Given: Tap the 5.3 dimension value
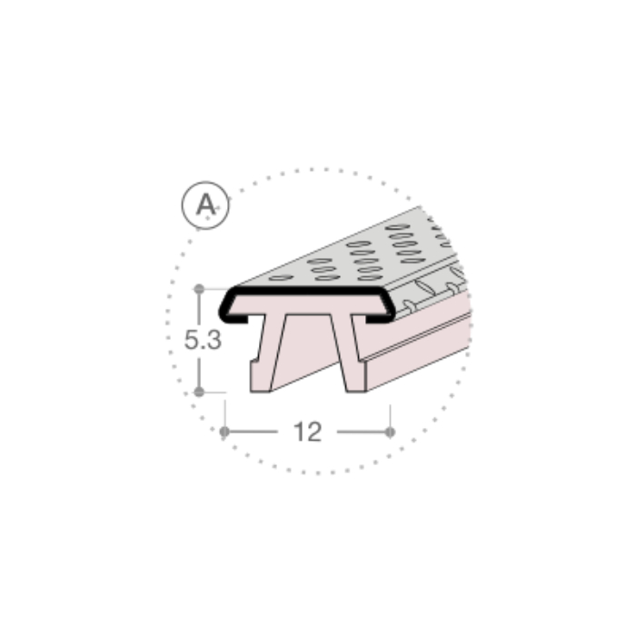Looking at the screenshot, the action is [203, 340].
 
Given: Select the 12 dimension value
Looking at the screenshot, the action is [307, 432].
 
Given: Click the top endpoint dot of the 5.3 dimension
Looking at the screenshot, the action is [199, 289].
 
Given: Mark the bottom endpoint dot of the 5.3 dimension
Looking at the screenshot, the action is [199, 392].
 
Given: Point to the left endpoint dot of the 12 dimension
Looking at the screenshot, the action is [224, 432].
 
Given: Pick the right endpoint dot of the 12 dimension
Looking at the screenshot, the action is [390, 432].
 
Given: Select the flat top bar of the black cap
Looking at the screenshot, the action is [307, 291].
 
